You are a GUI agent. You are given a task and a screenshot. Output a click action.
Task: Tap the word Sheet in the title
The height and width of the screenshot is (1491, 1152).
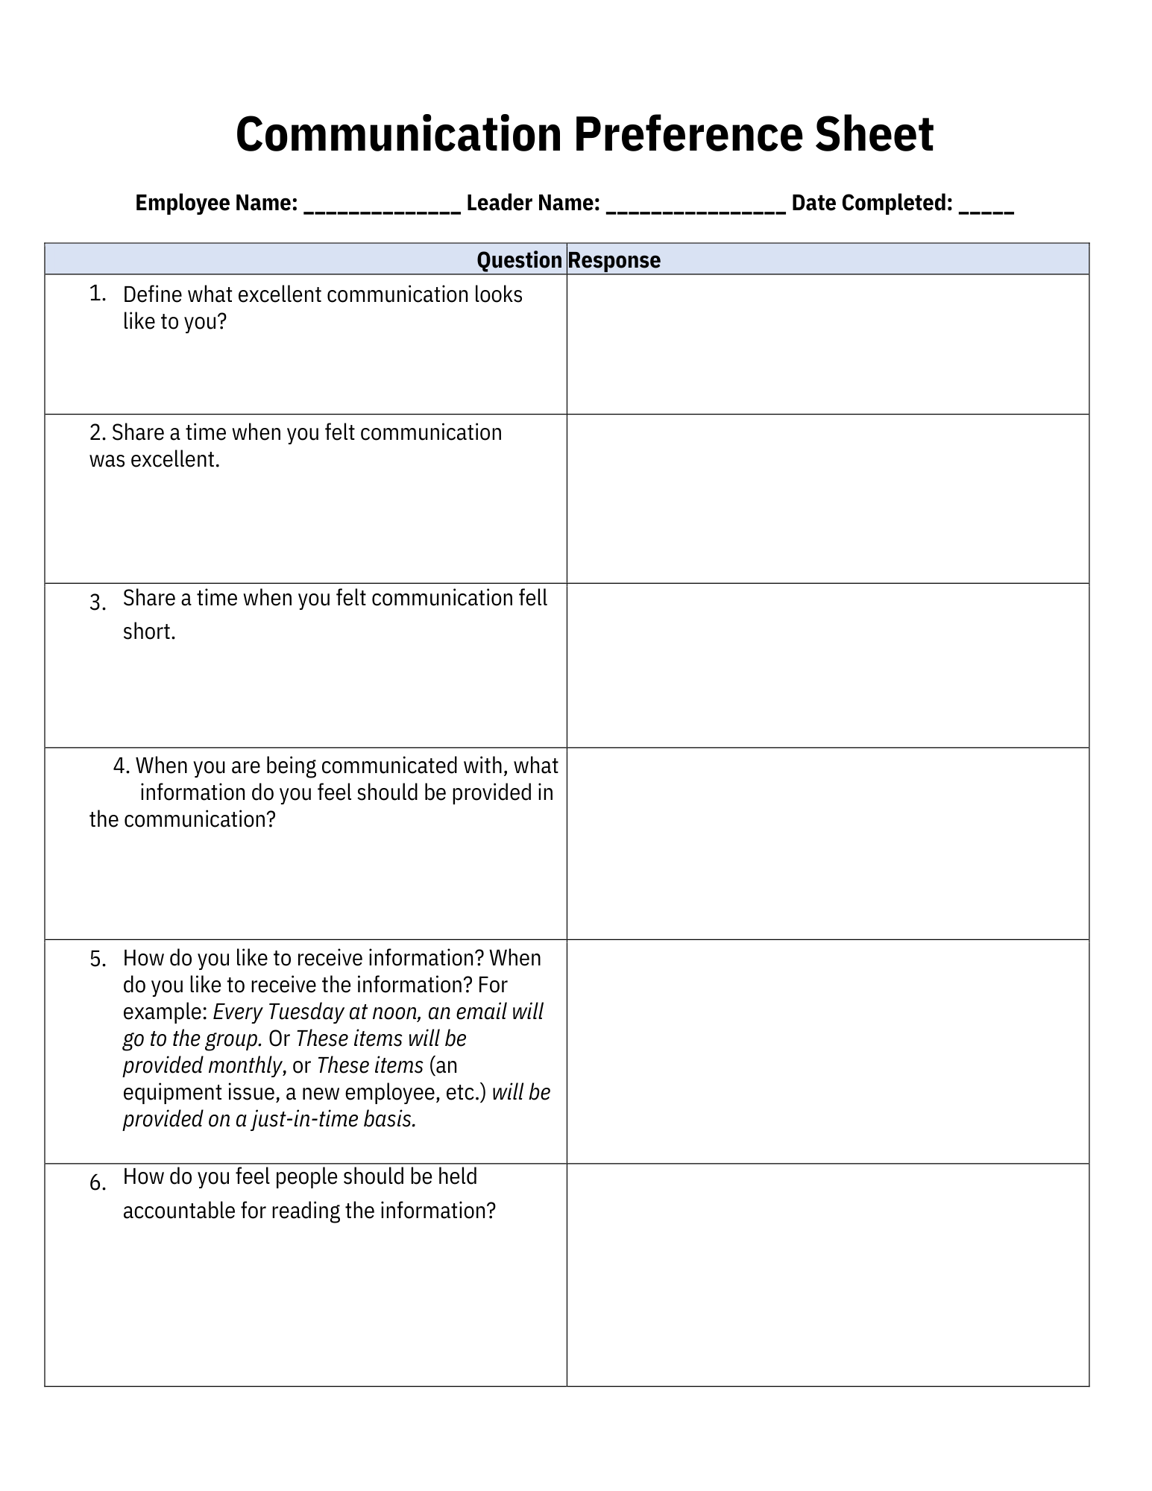873,135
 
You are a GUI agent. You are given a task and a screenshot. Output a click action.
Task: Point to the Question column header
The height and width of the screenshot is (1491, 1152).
519,260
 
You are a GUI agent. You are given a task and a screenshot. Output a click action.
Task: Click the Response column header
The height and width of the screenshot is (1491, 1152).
614,260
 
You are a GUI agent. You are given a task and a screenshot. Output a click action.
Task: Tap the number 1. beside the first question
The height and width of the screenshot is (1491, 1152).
97,294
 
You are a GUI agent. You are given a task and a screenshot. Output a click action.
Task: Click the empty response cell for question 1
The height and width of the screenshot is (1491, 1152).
828,344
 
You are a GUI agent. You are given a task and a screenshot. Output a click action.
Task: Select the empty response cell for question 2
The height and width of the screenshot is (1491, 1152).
828,499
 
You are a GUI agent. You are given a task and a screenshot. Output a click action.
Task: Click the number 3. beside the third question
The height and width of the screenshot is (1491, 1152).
97,602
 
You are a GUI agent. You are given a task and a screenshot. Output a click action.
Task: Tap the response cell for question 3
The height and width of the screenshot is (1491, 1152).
828,665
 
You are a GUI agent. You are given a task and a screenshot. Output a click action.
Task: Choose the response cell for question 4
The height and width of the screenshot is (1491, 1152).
828,843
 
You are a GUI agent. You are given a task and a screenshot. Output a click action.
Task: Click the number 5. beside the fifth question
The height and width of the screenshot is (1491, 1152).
98,959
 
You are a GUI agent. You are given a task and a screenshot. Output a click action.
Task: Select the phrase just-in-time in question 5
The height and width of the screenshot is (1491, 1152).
306,1119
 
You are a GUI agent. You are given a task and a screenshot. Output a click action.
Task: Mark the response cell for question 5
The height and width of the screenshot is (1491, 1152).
828,1051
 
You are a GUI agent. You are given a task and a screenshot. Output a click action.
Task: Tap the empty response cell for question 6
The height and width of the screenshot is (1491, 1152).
828,1275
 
